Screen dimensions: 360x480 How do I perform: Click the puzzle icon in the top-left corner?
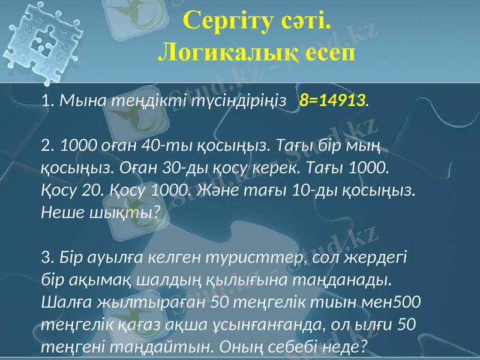[x=42, y=42]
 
